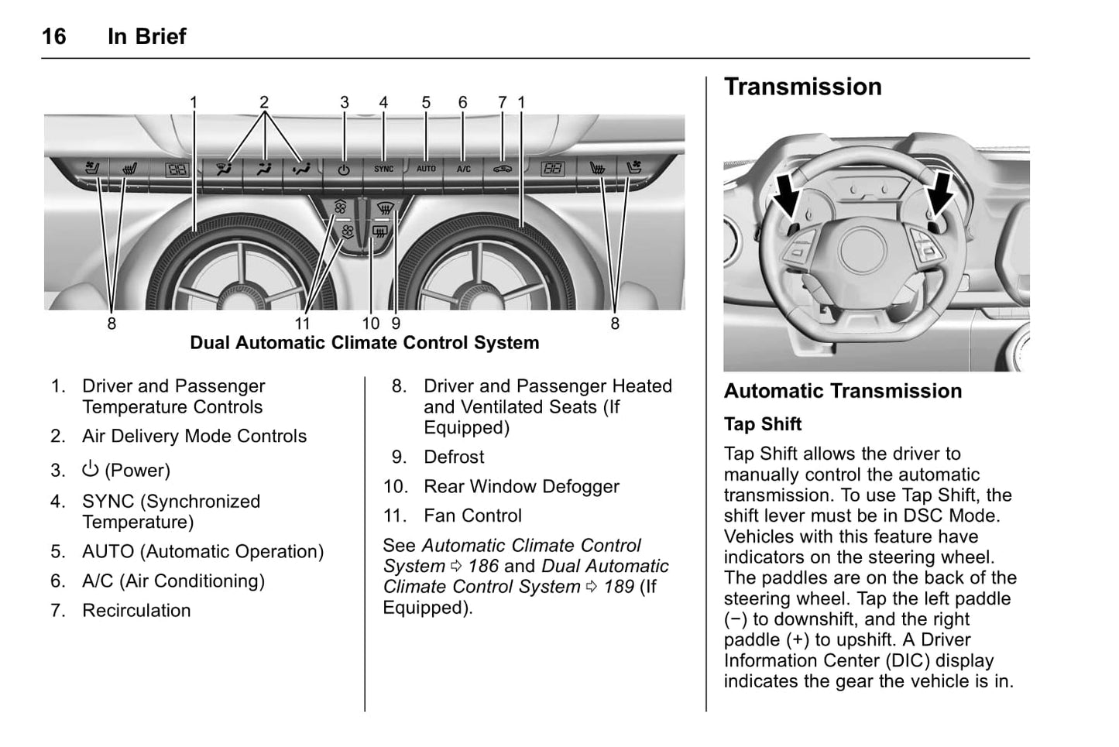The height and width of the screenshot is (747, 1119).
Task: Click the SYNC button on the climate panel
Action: tap(383, 169)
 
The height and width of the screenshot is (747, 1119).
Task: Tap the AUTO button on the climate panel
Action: tap(426, 169)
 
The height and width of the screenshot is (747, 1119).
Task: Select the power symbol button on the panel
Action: tap(344, 170)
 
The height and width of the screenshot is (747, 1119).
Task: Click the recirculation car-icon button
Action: tap(503, 169)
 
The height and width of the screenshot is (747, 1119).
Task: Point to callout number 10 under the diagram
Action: tap(371, 324)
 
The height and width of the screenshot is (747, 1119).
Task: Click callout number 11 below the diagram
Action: tap(303, 324)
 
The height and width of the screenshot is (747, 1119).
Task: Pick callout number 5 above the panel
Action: tap(426, 102)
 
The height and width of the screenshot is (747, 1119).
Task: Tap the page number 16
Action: tap(53, 36)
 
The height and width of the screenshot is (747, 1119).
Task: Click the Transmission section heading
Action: tap(802, 87)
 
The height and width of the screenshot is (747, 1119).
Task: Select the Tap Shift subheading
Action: tap(763, 424)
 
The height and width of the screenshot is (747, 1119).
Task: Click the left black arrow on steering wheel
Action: tap(787, 194)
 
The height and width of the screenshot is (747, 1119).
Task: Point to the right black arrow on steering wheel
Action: tap(939, 194)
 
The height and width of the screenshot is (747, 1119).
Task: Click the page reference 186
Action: tap(483, 567)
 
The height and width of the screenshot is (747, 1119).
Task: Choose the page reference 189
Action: tap(619, 588)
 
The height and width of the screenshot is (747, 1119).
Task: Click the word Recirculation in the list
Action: tap(136, 611)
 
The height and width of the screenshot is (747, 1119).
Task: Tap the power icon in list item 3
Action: tap(91, 469)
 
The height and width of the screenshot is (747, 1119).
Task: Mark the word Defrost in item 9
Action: tap(454, 457)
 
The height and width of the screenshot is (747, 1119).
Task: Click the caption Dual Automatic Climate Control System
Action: tap(364, 343)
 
